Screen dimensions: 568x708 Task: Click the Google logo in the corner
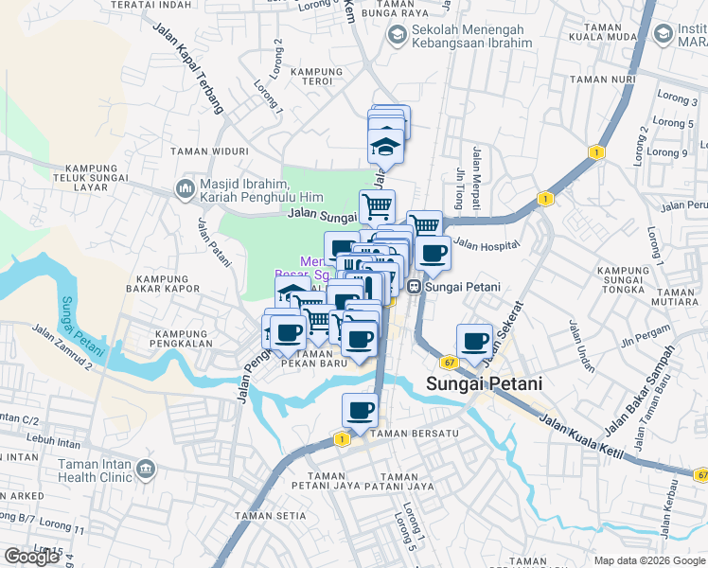(31, 557)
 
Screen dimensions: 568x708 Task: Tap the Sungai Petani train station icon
(414, 287)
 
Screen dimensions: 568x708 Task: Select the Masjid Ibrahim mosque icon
(184, 189)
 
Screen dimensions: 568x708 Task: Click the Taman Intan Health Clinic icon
(146, 469)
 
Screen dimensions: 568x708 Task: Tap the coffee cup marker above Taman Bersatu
(360, 411)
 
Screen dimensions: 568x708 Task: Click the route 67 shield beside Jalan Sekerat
(449, 362)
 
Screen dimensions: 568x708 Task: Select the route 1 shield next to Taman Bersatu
(340, 439)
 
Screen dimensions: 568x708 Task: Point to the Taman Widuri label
(209, 151)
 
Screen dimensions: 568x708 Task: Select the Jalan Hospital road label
(487, 246)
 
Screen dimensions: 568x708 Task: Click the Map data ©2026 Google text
(647, 559)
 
